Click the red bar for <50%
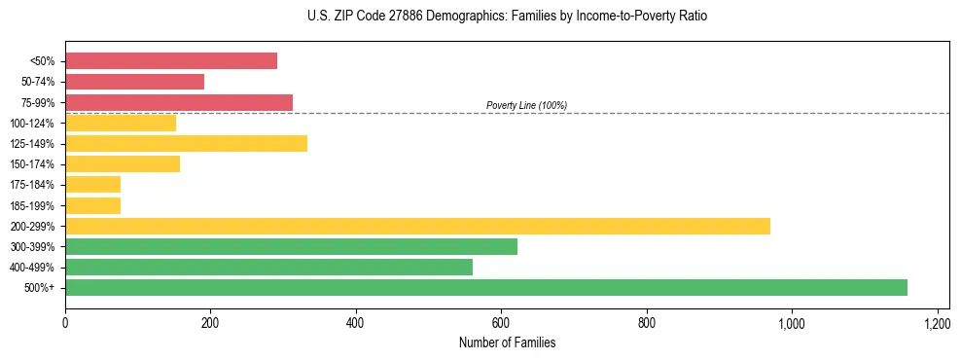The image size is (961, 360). pyautogui.click(x=171, y=61)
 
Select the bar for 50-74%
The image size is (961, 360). pyautogui.click(x=134, y=82)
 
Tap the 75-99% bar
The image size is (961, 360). pyautogui.click(x=179, y=102)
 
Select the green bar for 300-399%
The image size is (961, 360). pyautogui.click(x=291, y=246)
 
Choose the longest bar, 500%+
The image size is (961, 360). pyautogui.click(x=486, y=287)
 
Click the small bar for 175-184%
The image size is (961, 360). pyautogui.click(x=92, y=185)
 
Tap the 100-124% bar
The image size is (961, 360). pyautogui.click(x=121, y=124)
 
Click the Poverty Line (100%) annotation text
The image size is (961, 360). pyautogui.click(x=526, y=105)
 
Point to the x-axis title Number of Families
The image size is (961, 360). pyautogui.click(x=507, y=342)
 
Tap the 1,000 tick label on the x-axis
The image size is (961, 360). pyautogui.click(x=791, y=322)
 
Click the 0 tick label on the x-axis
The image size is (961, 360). pyautogui.click(x=65, y=322)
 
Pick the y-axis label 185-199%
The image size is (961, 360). pyautogui.click(x=32, y=205)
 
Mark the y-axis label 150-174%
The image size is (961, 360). pyautogui.click(x=32, y=164)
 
